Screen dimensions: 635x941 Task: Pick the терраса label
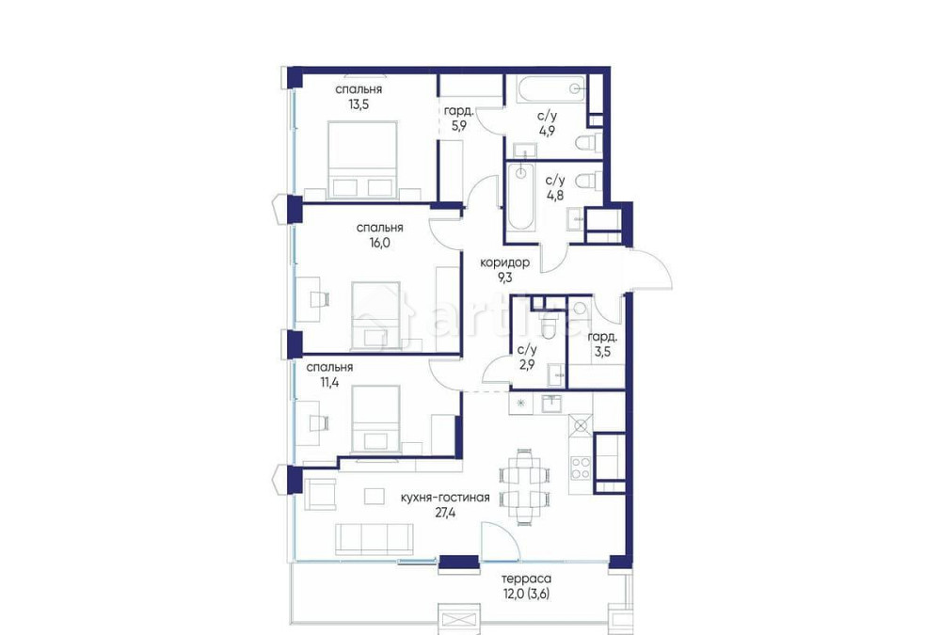point(526,580)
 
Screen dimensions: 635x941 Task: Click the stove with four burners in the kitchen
point(582,467)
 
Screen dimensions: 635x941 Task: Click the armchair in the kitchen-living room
point(321,494)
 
